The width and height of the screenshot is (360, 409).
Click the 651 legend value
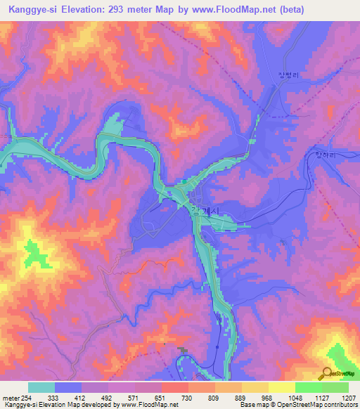click(161, 397)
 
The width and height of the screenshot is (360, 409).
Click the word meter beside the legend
click(10, 397)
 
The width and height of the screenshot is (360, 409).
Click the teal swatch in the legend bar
click(41, 387)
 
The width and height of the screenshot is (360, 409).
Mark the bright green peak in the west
click(32, 249)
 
